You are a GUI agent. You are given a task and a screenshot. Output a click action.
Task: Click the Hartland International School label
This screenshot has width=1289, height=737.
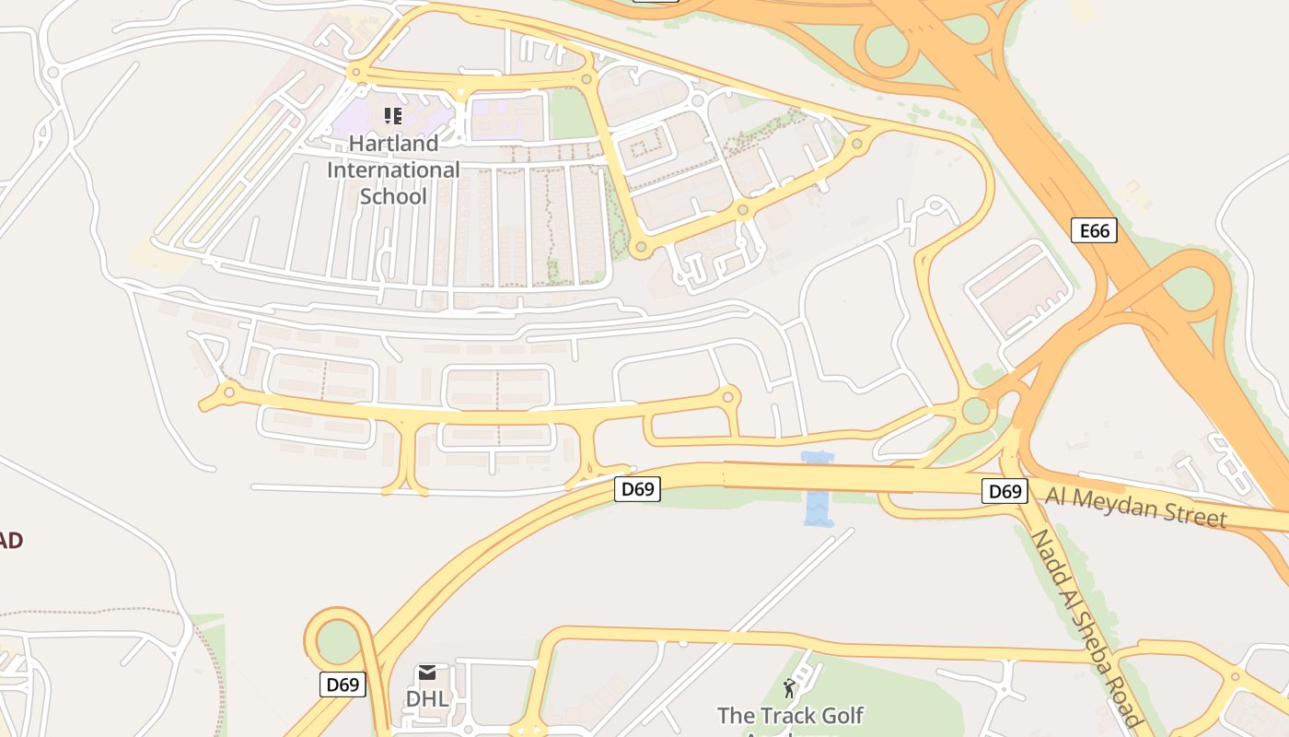(393, 170)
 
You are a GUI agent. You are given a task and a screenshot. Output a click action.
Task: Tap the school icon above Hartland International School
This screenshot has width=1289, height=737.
(393, 116)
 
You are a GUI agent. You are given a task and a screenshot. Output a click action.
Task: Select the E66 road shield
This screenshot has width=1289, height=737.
(1094, 230)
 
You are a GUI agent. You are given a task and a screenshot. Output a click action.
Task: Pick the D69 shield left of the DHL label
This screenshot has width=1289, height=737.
(343, 684)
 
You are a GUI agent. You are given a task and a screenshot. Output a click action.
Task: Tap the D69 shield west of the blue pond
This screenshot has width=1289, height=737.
(637, 489)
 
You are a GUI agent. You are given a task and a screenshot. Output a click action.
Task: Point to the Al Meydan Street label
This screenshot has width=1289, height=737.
(1135, 507)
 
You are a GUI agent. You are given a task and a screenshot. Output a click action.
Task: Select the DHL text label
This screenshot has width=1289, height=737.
(427, 699)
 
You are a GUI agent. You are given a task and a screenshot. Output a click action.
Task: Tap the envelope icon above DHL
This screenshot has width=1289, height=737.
(427, 673)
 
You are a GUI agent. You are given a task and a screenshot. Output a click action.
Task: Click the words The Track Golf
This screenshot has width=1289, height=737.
(790, 715)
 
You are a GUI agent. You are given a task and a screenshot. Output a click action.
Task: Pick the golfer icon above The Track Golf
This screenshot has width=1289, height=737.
(789, 688)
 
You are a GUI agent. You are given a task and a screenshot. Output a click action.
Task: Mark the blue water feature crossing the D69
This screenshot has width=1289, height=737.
(817, 489)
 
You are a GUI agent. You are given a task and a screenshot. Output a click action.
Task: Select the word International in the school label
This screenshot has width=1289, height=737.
(393, 170)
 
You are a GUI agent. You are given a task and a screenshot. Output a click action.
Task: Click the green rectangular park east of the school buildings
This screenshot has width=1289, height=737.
(572, 114)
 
